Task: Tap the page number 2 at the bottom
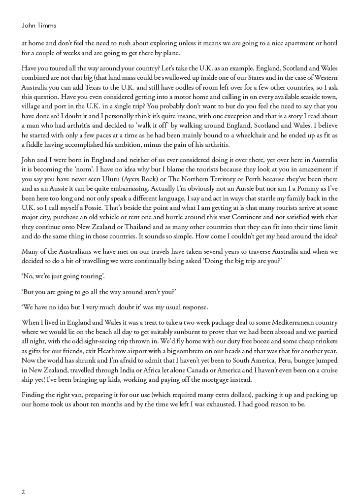tap(23, 492)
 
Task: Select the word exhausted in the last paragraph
tap(233, 404)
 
